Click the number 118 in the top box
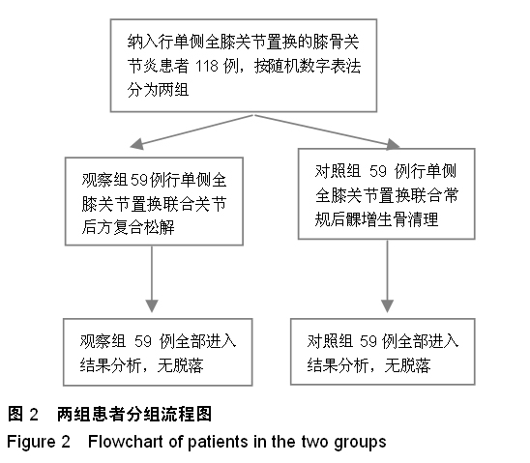[x=207, y=66]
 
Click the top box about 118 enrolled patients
[x=244, y=65]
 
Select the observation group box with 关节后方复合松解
[x=154, y=201]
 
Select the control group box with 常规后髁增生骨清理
[x=386, y=194]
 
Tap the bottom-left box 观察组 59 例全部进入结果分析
[x=158, y=352]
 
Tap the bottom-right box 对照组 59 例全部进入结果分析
[x=383, y=351]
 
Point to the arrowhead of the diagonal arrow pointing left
[x=136, y=144]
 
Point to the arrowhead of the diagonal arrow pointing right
[x=393, y=144]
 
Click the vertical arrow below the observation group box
[x=152, y=279]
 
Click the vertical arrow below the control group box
[x=388, y=276]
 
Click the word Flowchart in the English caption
[x=133, y=442]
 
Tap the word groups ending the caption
[x=360, y=443]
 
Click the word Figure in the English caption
[x=31, y=443]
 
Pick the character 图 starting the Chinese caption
[x=15, y=414]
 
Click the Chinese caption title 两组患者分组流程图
[x=134, y=414]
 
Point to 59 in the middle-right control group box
[x=378, y=171]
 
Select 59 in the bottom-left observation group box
[x=142, y=341]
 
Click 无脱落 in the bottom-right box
[x=407, y=365]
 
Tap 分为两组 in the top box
[x=158, y=90]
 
